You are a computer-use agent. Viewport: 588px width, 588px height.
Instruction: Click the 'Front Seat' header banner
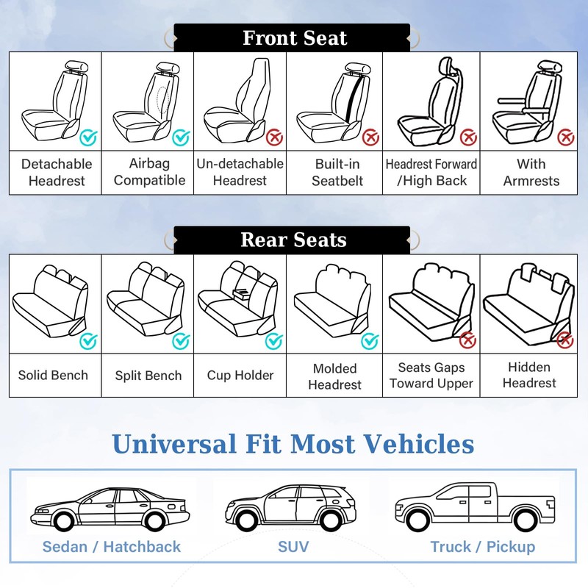294,38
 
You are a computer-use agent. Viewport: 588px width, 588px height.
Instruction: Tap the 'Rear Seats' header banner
293,240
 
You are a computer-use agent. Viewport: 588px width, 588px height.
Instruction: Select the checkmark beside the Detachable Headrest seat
88,137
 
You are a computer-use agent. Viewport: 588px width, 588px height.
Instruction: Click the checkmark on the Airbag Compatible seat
181,137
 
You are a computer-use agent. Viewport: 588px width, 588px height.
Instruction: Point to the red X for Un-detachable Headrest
274,137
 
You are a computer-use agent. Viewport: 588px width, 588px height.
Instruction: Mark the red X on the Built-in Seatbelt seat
370,137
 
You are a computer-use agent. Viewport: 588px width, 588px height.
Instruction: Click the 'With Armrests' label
531,173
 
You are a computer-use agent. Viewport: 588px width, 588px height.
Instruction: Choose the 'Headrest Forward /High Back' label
431,173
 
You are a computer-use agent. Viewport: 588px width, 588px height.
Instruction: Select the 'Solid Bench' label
53,376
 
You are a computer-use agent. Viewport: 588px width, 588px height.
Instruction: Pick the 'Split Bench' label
148,376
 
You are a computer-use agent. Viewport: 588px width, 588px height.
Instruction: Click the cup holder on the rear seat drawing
240,293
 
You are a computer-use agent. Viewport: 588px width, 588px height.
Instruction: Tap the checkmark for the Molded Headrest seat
370,340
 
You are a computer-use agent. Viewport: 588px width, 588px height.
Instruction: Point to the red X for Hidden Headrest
564,340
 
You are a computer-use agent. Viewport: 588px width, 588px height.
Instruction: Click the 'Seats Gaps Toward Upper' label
431,376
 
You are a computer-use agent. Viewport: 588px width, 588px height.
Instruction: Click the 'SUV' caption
293,547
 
